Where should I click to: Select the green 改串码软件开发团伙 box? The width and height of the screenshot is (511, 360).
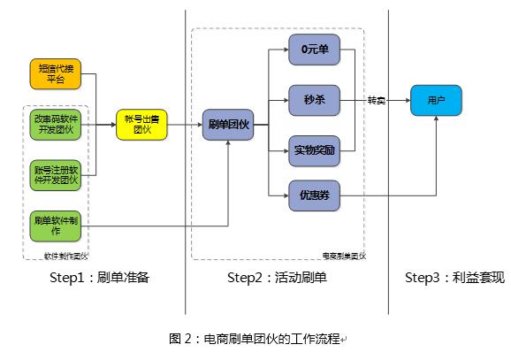tap(57, 125)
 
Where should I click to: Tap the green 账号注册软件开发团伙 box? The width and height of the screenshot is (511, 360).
tap(57, 173)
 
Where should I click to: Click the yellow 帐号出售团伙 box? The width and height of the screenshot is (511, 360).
tap(141, 125)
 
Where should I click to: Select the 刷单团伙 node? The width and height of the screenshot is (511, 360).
tap(226, 125)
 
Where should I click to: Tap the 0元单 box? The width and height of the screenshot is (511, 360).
tap(315, 50)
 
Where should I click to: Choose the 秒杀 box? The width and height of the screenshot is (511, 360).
tap(315, 100)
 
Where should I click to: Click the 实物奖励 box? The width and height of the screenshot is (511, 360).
tap(315, 149)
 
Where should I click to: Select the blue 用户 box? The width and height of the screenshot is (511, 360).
tap(437, 101)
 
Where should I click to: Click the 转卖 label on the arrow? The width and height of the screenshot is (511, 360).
tap(378, 99)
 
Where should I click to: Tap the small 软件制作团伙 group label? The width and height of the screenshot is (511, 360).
tap(66, 257)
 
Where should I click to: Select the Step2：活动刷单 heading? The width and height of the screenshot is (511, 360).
tap(277, 278)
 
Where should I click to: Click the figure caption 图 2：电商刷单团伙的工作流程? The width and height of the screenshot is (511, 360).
tap(257, 338)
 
